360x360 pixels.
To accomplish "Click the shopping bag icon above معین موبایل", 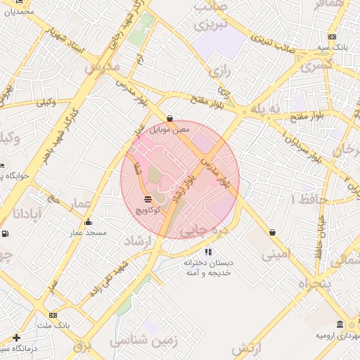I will point(169,119).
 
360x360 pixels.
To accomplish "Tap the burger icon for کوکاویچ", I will point(148,199).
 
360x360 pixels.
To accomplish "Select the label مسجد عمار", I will point(87,232).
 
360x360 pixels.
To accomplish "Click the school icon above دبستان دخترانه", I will point(207,252).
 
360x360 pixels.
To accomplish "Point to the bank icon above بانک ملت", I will point(54,316).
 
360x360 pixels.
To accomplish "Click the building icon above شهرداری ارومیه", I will point(340,324).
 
